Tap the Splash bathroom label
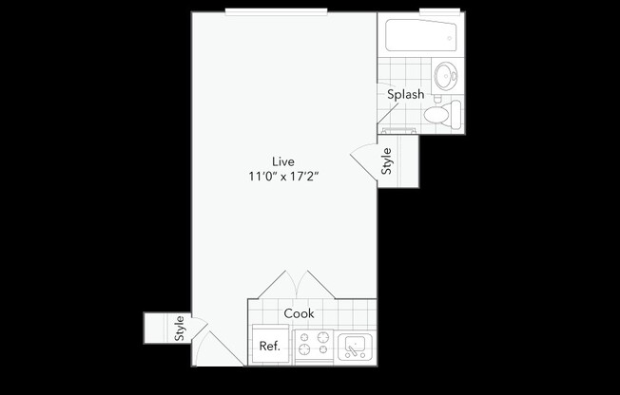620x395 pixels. [405, 95]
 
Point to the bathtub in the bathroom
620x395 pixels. [419, 37]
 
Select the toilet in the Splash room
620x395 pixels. [438, 115]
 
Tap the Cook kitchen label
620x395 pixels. [299, 313]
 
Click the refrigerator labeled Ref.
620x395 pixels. [269, 346]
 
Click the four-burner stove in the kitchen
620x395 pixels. [313, 347]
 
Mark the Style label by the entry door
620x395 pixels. [178, 329]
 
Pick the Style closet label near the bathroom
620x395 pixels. [387, 162]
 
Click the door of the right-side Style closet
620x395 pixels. [364, 161]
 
